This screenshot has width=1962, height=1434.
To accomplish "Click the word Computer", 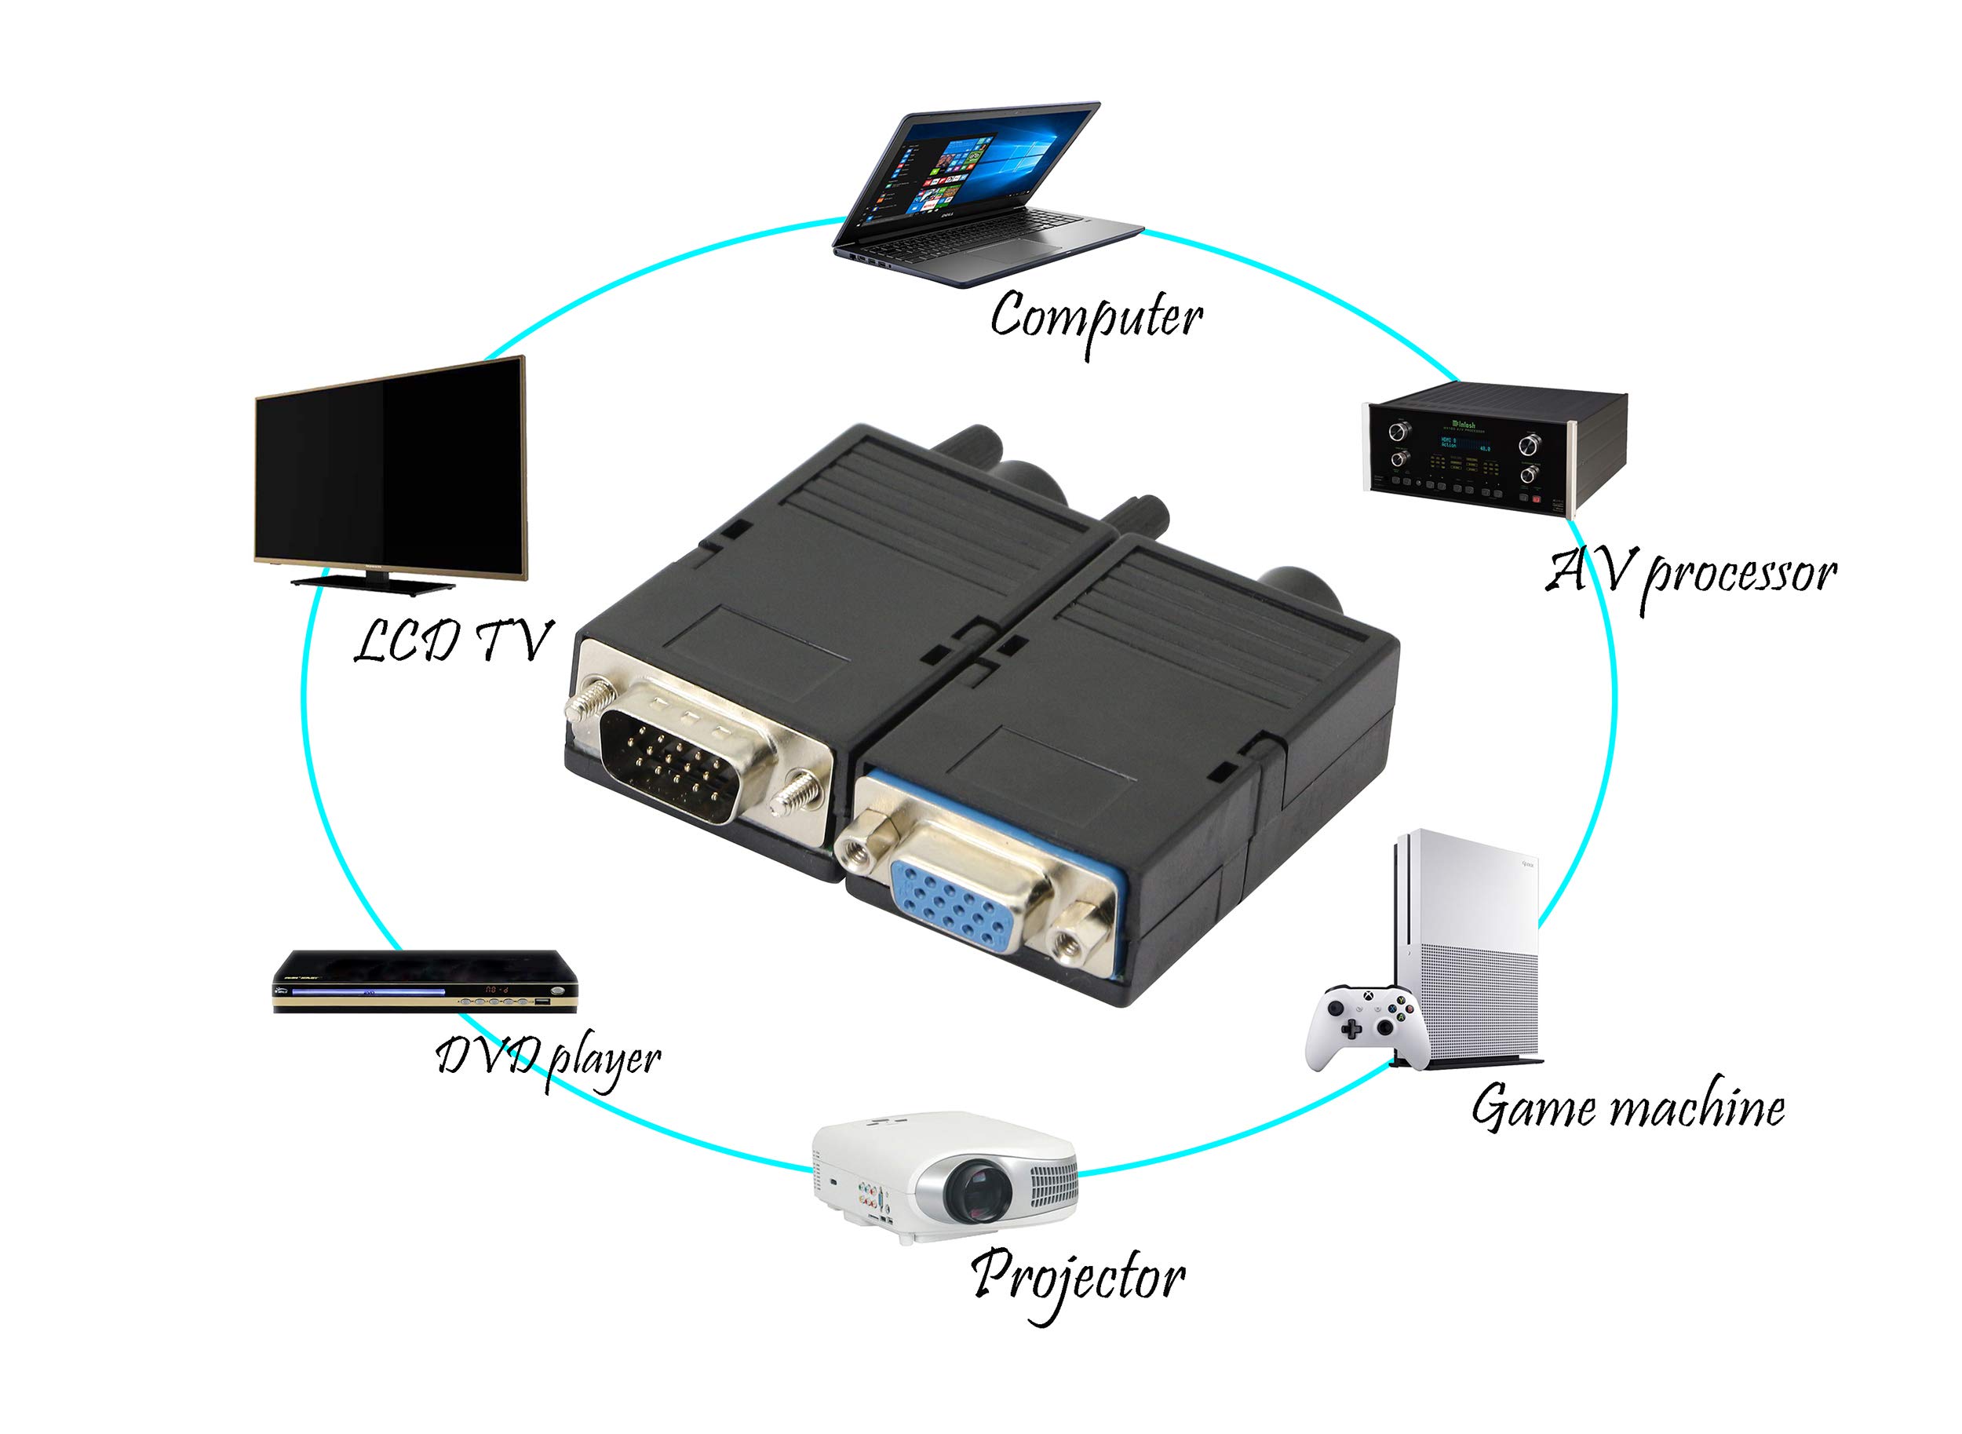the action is click(x=1096, y=321).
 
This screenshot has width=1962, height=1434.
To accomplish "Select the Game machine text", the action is click(x=1628, y=1107).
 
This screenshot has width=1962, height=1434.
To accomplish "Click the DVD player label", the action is click(x=548, y=1060).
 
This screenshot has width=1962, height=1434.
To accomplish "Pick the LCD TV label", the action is click(x=452, y=640).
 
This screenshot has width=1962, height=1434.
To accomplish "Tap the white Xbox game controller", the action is click(x=1366, y=1027).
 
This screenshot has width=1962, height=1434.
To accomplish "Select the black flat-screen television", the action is click(x=391, y=475).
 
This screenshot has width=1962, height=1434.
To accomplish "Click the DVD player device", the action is click(x=425, y=981).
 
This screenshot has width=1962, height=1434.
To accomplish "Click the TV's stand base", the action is click(x=373, y=582).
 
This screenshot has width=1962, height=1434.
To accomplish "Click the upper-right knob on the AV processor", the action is click(x=1528, y=445).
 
